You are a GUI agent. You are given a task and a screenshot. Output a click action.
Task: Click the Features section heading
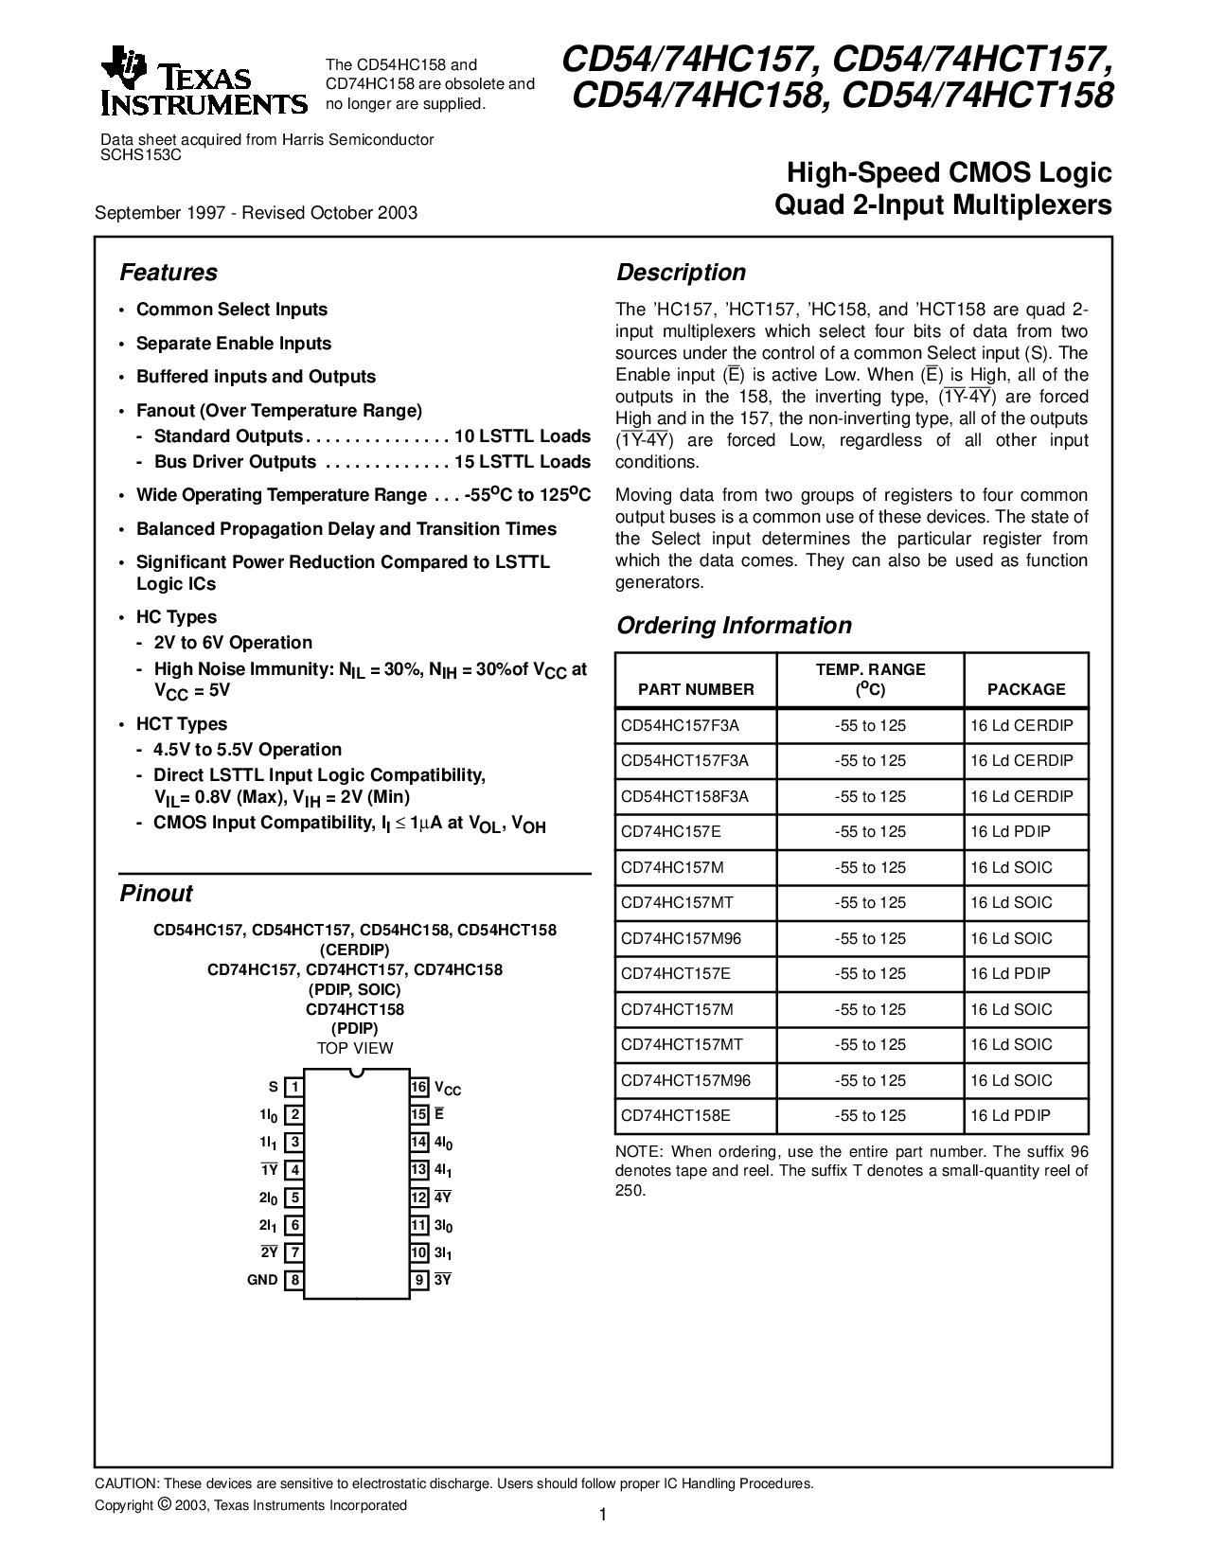click(169, 273)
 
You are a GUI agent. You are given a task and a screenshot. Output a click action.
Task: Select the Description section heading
click(681, 273)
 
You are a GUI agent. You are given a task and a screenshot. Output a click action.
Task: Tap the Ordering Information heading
click(734, 626)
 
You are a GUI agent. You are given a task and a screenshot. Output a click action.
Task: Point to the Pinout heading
click(156, 894)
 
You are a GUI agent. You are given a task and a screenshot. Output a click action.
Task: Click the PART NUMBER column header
click(696, 689)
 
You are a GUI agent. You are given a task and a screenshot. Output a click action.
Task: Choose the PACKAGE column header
click(1026, 689)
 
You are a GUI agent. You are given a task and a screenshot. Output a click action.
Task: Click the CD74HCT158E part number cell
click(676, 1115)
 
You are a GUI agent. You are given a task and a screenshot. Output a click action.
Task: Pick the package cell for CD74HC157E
click(1010, 831)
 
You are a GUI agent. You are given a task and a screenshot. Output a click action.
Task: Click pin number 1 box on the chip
click(295, 1087)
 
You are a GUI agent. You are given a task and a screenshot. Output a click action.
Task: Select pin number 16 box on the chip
click(419, 1087)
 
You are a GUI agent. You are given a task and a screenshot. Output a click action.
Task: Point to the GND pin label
click(262, 1280)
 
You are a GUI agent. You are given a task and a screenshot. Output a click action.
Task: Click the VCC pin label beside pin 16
click(449, 1089)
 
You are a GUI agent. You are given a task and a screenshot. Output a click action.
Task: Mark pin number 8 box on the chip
click(295, 1280)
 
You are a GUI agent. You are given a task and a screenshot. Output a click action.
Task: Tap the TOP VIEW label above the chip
click(355, 1048)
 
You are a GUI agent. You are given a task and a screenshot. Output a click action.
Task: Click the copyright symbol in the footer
click(164, 1504)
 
